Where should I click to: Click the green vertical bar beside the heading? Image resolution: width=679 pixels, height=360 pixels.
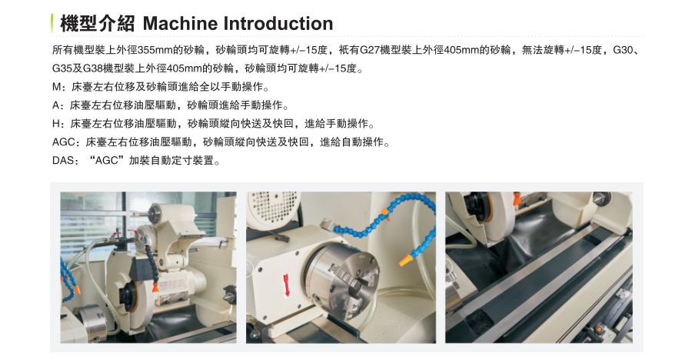52,23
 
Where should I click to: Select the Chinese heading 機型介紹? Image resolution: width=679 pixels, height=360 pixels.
98,23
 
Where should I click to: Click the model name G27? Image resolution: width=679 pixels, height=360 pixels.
370,50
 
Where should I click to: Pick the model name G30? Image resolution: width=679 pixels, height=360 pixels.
623,50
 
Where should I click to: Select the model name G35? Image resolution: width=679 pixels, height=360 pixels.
62,68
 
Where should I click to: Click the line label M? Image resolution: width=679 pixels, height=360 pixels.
58,87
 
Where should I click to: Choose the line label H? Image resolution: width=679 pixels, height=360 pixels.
58,124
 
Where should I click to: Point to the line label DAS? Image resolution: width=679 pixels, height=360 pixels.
65,161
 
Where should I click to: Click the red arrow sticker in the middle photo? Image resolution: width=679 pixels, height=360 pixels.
286,285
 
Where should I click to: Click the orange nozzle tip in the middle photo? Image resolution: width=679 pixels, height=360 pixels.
405,261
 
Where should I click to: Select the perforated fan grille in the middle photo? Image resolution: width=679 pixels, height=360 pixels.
274,207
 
